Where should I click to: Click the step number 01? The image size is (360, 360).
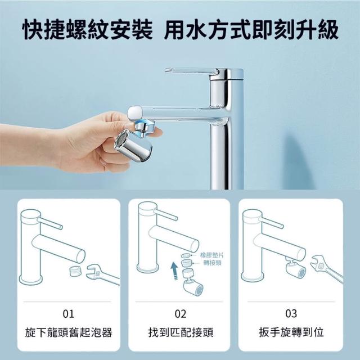(69, 314)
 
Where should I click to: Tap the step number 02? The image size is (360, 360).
(181, 314)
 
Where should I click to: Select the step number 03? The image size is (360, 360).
(291, 314)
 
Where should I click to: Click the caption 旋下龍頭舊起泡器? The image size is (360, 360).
(69, 332)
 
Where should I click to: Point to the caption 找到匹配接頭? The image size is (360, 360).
(181, 332)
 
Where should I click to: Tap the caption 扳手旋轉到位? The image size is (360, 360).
(291, 332)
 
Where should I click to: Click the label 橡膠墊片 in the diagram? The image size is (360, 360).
(212, 255)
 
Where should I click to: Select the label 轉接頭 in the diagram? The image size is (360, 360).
(213, 263)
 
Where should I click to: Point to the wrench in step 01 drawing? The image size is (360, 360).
(102, 274)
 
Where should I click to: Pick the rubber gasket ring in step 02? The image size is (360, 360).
(186, 255)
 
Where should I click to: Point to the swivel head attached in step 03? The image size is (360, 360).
(295, 269)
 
